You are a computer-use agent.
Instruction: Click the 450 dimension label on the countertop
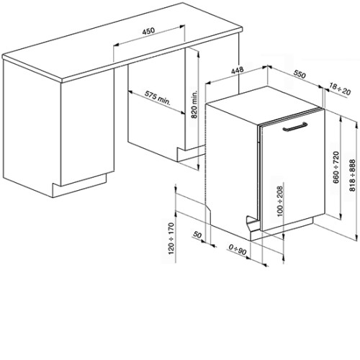coord(149,31)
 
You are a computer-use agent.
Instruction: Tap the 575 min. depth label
coord(157,98)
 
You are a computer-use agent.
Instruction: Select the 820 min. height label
coord(194,104)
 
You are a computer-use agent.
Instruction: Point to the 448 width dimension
coord(238,71)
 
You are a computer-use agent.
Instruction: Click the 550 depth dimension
coord(300,74)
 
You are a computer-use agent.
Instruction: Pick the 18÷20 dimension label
coord(340,89)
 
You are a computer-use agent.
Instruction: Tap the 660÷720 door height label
coord(336,167)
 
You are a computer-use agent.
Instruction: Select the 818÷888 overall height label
coord(352,175)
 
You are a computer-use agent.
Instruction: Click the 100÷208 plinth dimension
coord(280,201)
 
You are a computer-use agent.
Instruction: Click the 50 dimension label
coord(197,235)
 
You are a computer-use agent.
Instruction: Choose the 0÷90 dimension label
coord(238,250)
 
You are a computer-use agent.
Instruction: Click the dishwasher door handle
coord(295,127)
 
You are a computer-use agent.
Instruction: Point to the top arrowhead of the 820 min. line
coord(198,55)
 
